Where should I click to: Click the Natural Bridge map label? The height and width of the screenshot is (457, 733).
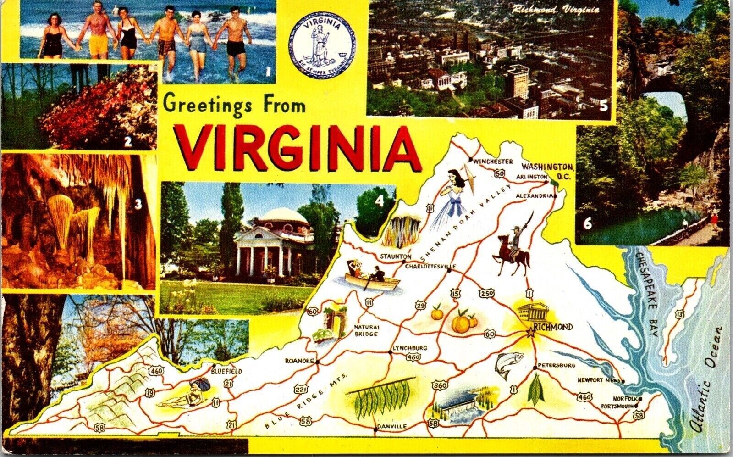click(367, 330)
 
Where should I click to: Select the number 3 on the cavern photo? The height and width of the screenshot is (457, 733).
click(138, 206)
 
